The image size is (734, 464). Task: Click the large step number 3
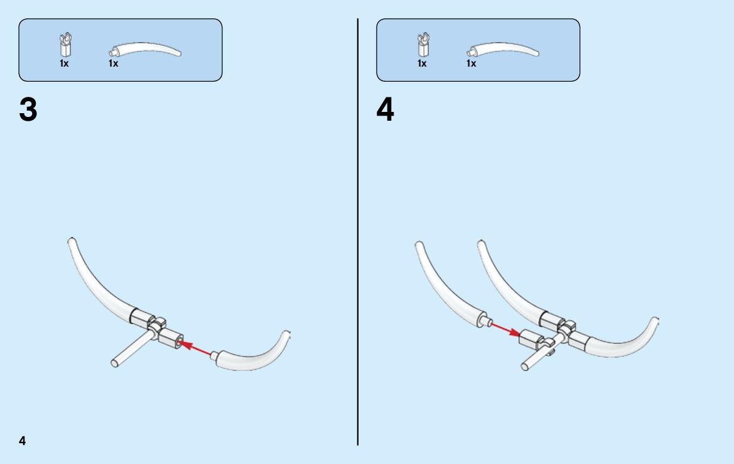coord(28,109)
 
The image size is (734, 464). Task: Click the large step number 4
coord(386,109)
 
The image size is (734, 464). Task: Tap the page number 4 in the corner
coord(23,441)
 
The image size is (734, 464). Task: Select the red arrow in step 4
coord(505,329)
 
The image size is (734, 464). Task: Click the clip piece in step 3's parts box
coord(65,45)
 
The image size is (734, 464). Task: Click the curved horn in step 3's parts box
coord(144,49)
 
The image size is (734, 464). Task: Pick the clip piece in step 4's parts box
coord(424,45)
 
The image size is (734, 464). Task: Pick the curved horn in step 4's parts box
coord(503,49)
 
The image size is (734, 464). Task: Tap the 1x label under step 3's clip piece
coord(64,64)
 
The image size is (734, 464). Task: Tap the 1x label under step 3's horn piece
coord(113,64)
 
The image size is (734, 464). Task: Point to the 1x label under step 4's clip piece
coord(422,64)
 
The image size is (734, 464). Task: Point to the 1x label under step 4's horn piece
coord(472,64)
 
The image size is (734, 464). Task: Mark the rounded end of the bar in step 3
coord(115,363)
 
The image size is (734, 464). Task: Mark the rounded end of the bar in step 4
coord(525,366)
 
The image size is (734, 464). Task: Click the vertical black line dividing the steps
coord(358,232)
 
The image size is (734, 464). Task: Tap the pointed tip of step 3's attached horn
coord(71,240)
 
